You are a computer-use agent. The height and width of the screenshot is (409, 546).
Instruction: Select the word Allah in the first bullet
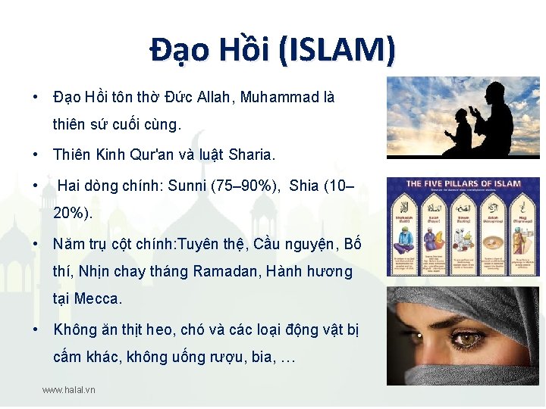tap(215, 98)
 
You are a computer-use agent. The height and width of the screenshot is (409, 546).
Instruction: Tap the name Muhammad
tap(278, 98)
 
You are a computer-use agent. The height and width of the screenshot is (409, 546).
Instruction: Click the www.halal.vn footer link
tap(69, 390)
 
